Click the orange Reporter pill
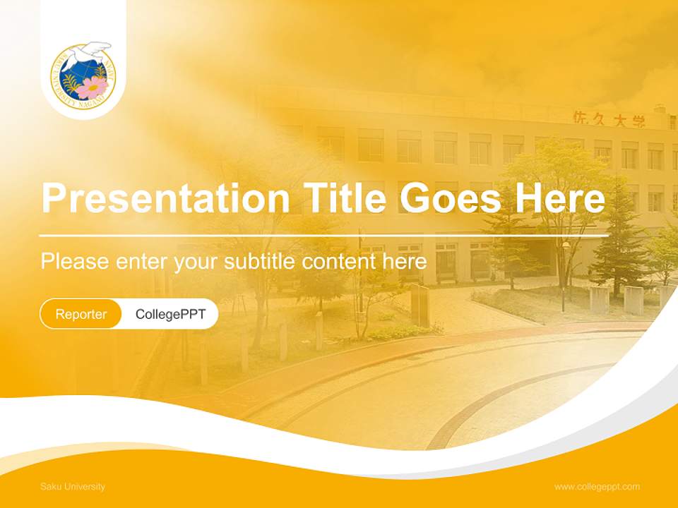coord(81,314)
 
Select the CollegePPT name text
coord(170,314)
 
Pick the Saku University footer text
coord(73,487)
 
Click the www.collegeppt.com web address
coord(597,487)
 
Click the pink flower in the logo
coord(93,87)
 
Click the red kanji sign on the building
coord(609,119)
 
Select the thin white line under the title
coord(324,235)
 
